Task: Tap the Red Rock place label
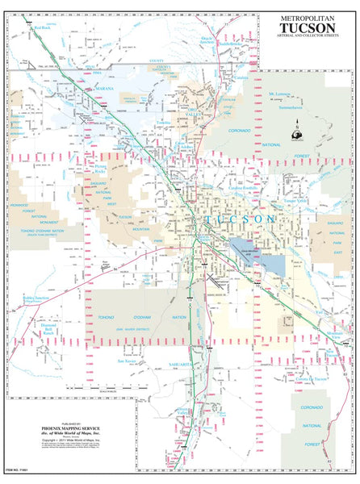pos(43,27)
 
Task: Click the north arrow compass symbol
pos(298,131)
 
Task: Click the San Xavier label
pos(128,361)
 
